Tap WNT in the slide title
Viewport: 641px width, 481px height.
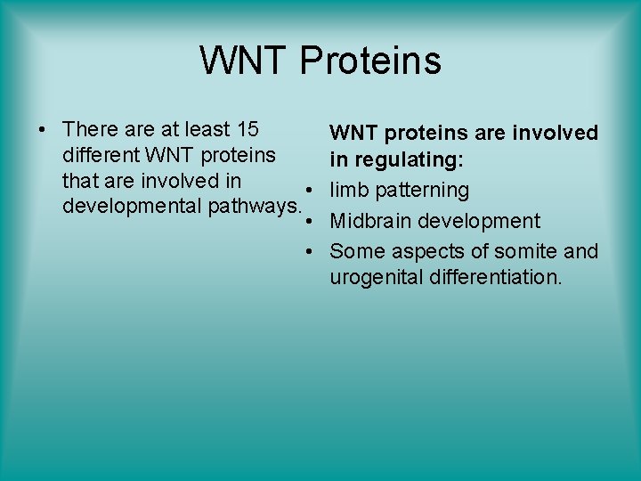tap(244, 61)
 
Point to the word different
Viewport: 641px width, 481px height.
tap(101, 156)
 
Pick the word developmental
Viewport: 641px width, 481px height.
tap(132, 207)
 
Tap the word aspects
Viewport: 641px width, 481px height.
tap(420, 251)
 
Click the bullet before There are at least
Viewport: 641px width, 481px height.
tap(42, 131)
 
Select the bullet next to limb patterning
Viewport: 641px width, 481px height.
tap(306, 191)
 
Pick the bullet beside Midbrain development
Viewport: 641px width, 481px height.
tap(306, 221)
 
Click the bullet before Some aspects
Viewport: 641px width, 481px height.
tap(306, 252)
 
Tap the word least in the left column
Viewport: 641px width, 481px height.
tap(206, 130)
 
